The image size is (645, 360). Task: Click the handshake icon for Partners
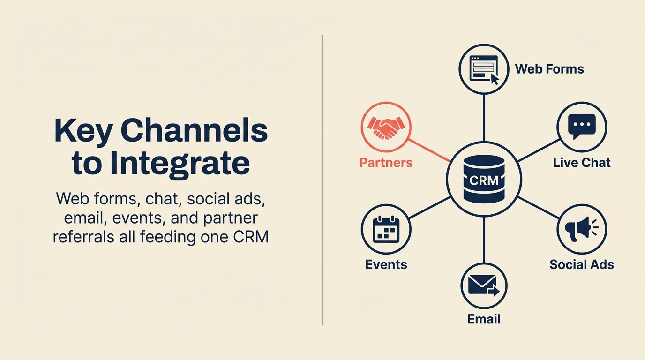click(x=386, y=127)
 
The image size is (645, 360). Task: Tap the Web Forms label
click(x=549, y=69)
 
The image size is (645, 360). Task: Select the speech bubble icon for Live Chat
click(x=581, y=126)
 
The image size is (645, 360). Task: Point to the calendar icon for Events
click(x=386, y=229)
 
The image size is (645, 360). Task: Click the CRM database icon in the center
click(x=483, y=179)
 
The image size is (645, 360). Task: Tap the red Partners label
click(x=386, y=163)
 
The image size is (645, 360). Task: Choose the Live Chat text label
click(x=582, y=163)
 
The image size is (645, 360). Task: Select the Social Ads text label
click(x=581, y=264)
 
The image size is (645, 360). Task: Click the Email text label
click(x=484, y=319)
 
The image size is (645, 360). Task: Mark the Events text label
click(x=386, y=264)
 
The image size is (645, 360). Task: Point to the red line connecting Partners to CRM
click(x=429, y=150)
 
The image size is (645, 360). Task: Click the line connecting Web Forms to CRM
click(x=484, y=117)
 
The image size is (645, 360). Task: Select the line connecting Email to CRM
click(x=484, y=239)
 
